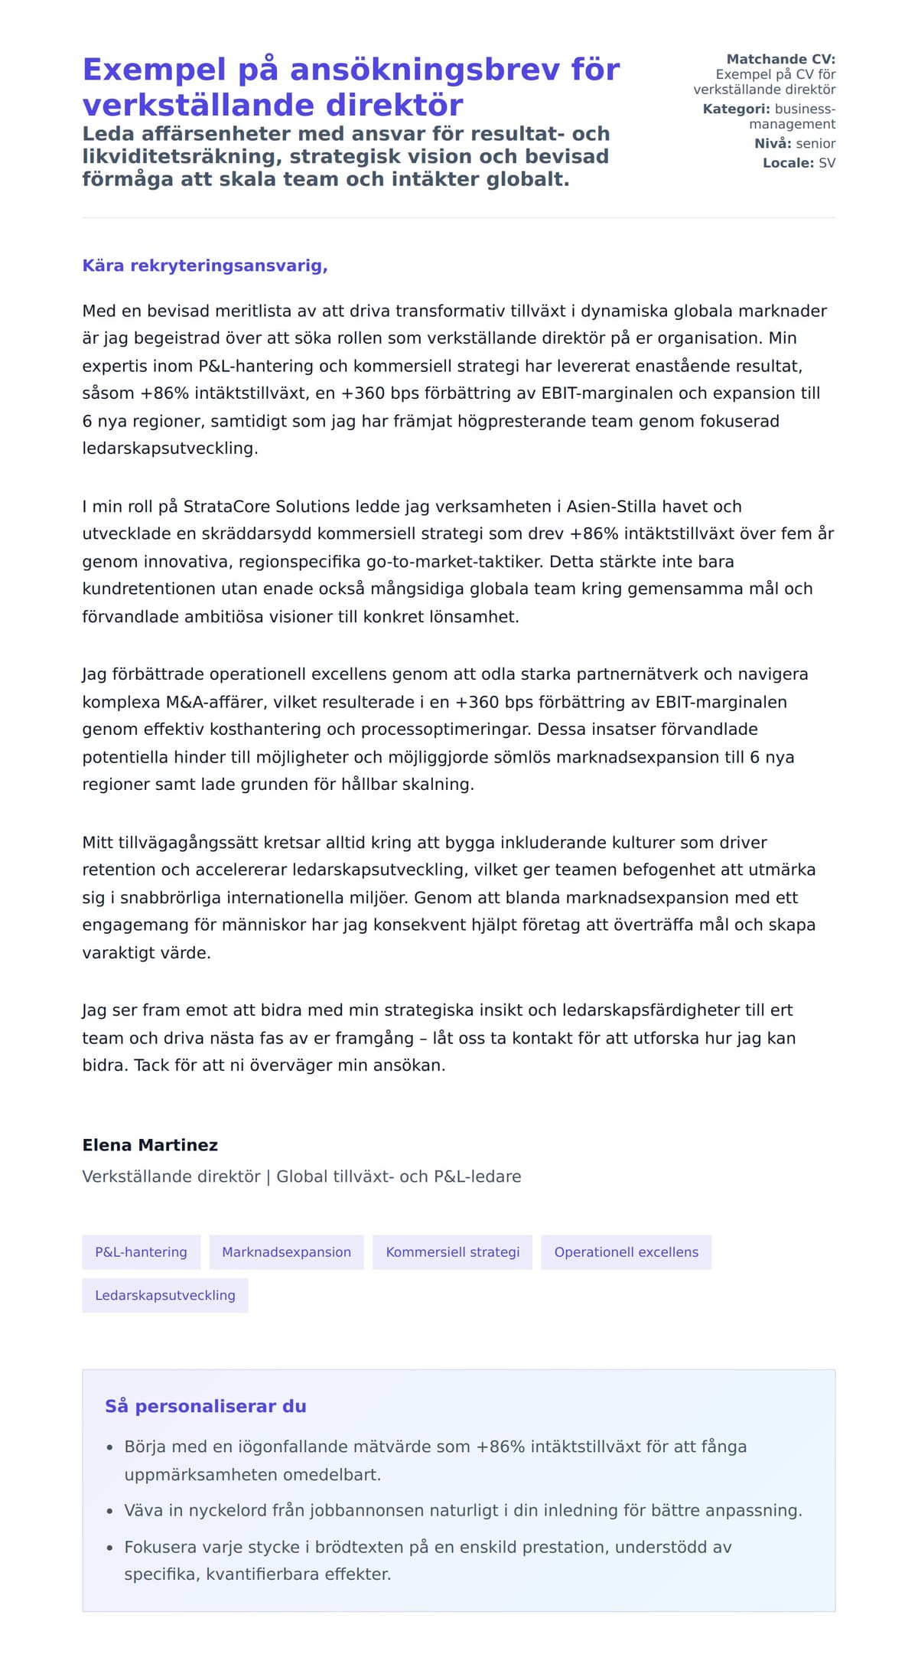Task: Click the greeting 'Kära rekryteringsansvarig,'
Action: click(205, 266)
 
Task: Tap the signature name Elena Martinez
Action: click(150, 1145)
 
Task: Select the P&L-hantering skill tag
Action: click(141, 1252)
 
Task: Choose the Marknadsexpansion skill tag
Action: click(286, 1252)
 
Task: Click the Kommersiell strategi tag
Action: click(452, 1252)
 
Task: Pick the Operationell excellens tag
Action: click(626, 1252)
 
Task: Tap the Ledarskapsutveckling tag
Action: click(164, 1295)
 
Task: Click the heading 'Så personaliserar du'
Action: click(205, 1406)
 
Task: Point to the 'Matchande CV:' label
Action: click(780, 59)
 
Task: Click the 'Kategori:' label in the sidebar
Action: click(736, 109)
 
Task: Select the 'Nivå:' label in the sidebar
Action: click(773, 143)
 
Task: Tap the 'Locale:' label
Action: click(788, 163)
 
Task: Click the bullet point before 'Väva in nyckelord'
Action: click(109, 1512)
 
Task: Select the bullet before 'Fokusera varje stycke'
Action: click(109, 1548)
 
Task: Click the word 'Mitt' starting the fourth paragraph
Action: click(97, 843)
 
